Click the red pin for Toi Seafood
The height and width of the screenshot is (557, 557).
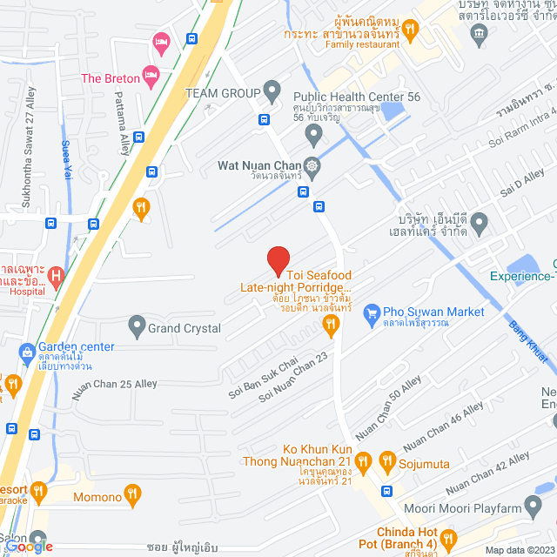click(278, 260)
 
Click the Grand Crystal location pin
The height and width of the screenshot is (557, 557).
click(137, 328)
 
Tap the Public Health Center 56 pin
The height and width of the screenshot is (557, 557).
click(314, 134)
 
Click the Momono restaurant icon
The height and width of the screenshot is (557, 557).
click(132, 496)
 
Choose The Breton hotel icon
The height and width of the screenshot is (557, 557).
click(151, 73)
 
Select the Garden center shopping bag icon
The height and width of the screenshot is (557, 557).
click(26, 352)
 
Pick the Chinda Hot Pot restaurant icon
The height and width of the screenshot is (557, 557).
click(448, 539)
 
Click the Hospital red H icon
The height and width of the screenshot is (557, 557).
click(57, 278)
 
